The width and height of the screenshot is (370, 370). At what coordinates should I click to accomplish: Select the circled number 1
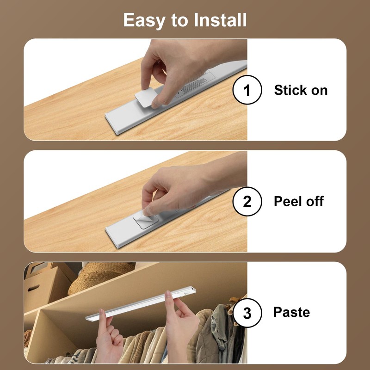pos(247,90)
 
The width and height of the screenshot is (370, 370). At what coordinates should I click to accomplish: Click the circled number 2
pos(247,202)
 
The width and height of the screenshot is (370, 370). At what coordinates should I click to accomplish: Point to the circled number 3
pos(247,313)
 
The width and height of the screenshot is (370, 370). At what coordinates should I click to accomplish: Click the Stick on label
pos(301,90)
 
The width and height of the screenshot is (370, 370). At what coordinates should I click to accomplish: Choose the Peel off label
pos(299,202)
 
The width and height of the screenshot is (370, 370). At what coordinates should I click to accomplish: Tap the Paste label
pos(291,312)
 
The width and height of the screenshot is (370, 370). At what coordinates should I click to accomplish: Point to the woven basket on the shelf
pos(99,277)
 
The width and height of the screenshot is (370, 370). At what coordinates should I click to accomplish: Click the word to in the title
pos(178,20)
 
